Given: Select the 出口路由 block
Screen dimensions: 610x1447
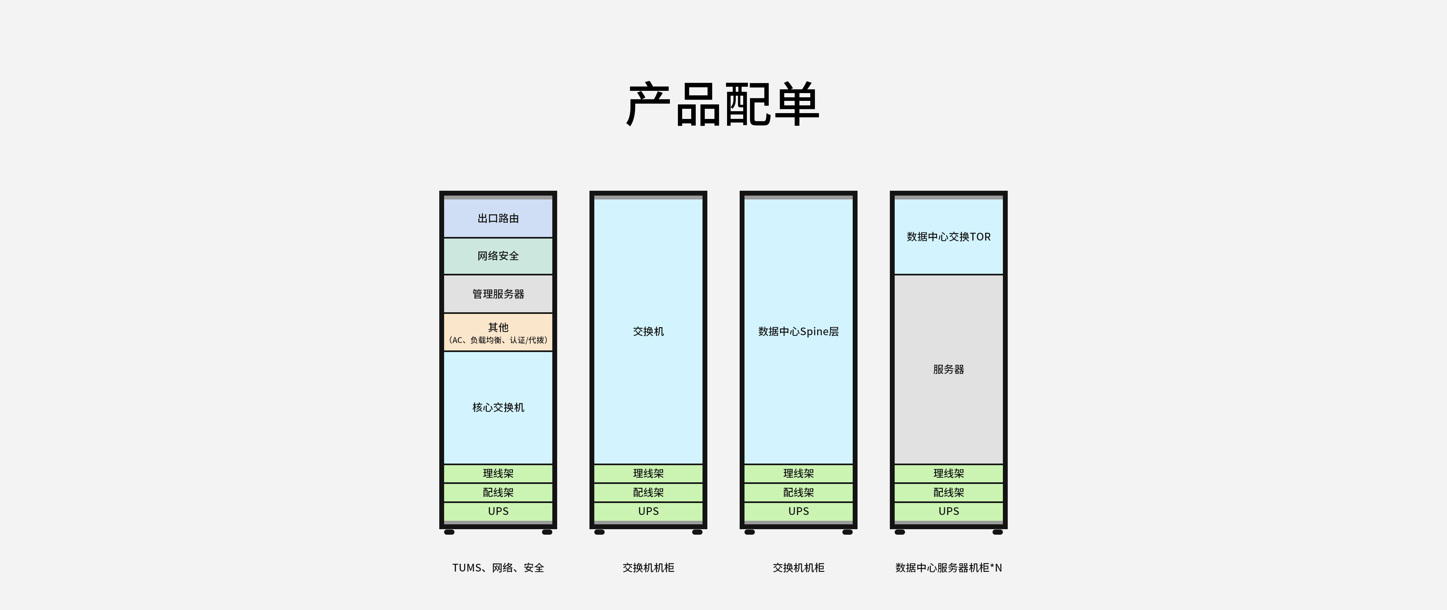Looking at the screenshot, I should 498,218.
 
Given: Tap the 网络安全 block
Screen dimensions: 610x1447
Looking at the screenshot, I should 498,256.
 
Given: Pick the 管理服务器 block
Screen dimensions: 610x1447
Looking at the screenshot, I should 498,294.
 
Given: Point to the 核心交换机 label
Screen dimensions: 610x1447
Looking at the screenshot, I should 498,407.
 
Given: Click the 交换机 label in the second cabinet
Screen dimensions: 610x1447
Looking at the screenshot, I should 648,331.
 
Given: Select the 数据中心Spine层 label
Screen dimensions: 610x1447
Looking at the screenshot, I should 798,331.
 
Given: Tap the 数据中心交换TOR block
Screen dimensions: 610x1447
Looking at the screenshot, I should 948,237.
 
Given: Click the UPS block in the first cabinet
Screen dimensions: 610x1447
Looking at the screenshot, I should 498,511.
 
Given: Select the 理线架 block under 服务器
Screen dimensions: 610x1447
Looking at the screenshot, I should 948,473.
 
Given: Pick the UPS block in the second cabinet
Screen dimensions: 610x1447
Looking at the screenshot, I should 648,511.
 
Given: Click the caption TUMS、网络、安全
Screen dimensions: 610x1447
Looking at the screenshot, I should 498,568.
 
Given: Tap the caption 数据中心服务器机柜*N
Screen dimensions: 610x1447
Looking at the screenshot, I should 948,568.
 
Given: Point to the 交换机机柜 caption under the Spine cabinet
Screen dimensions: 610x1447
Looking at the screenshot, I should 798,568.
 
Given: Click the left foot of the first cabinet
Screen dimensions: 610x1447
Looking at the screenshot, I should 449,532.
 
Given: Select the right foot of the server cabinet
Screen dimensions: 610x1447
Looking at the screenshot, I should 998,532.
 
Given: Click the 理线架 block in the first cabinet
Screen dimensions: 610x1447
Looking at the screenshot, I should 498,473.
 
